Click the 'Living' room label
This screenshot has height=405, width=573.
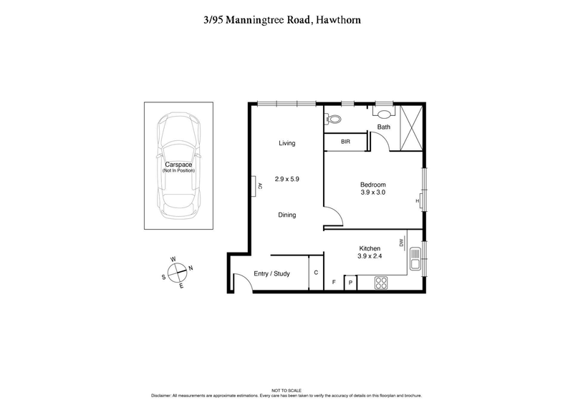[286, 143]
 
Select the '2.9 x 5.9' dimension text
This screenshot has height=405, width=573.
[286, 180]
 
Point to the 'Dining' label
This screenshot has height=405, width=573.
[286, 215]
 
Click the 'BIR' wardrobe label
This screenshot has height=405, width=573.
[345, 142]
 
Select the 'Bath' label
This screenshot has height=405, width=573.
[384, 127]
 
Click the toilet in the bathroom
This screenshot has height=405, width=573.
[333, 117]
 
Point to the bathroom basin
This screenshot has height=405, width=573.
[385, 113]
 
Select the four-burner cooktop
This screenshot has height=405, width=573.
[380, 283]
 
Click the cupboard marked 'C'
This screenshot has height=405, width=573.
[317, 273]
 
